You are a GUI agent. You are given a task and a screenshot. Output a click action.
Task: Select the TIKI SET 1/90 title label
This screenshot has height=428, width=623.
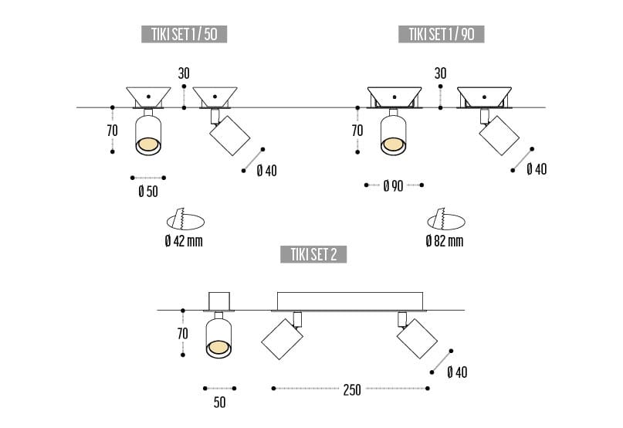[441, 33]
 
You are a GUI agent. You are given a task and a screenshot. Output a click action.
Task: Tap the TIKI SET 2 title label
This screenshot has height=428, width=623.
[313, 254]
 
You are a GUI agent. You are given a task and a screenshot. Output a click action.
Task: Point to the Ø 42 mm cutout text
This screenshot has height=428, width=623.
[183, 241]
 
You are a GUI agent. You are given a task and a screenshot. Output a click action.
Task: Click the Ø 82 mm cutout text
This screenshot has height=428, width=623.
[444, 241]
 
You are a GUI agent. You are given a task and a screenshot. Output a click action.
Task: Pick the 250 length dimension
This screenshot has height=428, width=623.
[351, 389]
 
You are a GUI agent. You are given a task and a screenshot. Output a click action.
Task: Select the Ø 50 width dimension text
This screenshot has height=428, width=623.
[148, 191]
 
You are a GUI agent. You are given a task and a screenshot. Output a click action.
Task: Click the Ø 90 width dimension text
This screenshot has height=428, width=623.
[393, 186]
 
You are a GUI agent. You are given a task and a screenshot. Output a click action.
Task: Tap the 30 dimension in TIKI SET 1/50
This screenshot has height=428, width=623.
[184, 73]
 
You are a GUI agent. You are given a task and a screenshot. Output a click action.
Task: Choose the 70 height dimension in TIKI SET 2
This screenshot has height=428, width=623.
[182, 334]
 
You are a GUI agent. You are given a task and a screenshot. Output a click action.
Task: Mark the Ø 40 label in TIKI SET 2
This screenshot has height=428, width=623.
[457, 372]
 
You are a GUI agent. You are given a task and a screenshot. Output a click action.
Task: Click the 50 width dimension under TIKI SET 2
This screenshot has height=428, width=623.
[219, 403]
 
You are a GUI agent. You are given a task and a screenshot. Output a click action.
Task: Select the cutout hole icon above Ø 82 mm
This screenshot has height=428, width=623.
[445, 219]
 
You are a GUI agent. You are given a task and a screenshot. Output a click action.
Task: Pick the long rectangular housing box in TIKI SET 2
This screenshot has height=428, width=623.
[350, 301]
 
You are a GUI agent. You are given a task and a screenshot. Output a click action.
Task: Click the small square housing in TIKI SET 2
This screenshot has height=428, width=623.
[219, 301]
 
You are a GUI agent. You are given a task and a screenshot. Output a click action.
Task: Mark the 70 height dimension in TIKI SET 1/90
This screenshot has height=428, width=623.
[357, 131]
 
